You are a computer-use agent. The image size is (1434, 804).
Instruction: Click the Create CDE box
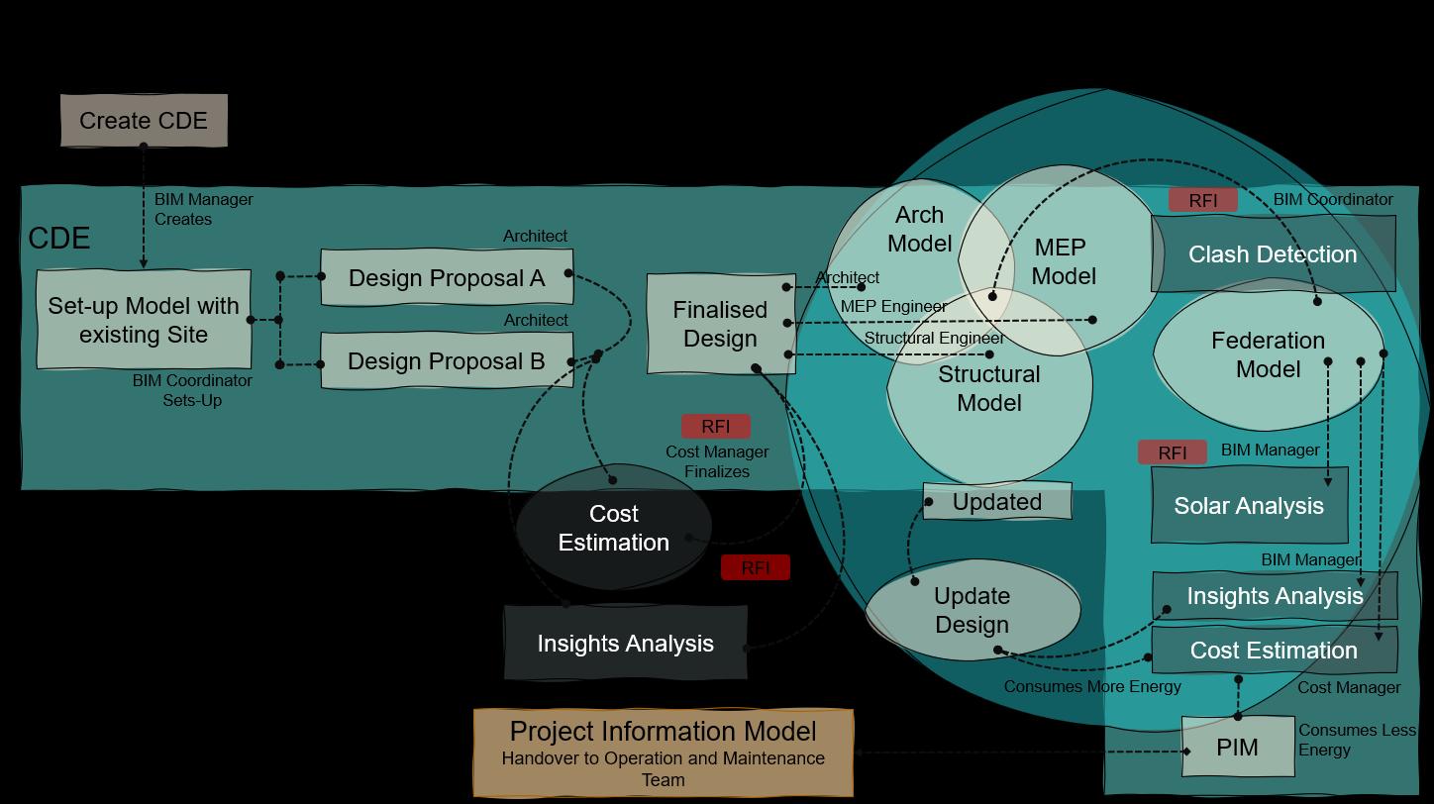coord(144,121)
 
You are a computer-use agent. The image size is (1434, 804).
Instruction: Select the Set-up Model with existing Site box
coord(144,320)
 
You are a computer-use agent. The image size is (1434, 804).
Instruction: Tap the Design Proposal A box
coord(447,278)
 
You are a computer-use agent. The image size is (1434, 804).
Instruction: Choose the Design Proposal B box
coord(447,361)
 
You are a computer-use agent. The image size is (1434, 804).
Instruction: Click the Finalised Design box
coord(720,324)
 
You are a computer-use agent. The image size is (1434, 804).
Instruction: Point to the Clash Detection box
coord(1273,254)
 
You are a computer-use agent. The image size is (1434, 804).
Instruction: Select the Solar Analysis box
coord(1249,506)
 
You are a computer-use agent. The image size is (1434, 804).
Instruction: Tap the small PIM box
coord(1237,748)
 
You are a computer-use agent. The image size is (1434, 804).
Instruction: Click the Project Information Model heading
coord(663,732)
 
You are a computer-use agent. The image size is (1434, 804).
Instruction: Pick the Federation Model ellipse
coord(1268,354)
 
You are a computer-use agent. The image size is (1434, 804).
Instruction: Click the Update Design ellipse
coord(972,610)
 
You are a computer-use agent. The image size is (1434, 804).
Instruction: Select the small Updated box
coord(996,502)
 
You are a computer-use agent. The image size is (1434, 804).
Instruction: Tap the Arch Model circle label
coord(919,230)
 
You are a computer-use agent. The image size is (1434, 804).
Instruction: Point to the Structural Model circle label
coord(988,388)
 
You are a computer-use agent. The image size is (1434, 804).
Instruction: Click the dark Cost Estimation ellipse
coord(614,528)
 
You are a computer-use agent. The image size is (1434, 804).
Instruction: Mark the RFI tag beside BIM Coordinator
coord(1202,200)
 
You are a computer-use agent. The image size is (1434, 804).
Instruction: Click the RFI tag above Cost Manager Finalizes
coord(715,427)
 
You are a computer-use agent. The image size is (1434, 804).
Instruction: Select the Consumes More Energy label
coord(1092,687)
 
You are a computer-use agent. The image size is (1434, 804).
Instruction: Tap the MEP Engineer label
coord(893,306)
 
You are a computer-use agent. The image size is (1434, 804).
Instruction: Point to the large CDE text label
coord(59,239)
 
